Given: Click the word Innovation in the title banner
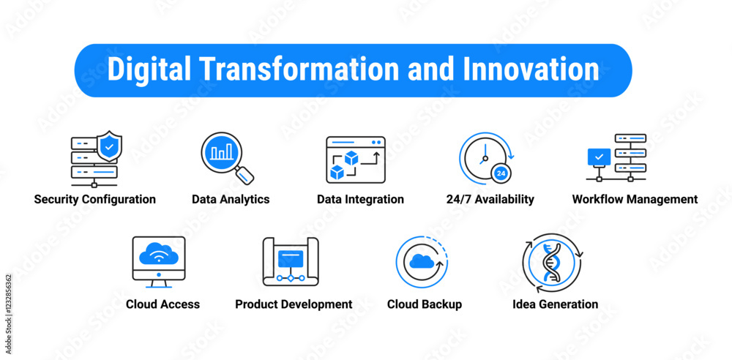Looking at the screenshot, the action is point(531,69).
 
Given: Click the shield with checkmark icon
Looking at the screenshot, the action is point(109,146).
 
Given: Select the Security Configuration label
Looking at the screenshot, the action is point(94,199).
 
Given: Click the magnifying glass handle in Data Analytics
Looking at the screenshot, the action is point(244,175).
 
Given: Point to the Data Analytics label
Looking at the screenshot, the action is point(231,199).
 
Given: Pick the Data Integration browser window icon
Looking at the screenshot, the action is point(356,160).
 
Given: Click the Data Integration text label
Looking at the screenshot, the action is point(360,199).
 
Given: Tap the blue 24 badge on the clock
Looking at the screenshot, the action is point(501,173).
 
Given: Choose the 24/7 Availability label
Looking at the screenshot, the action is point(490,199).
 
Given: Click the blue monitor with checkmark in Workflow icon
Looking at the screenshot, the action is point(599,157).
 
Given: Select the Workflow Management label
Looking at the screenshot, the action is point(635,199).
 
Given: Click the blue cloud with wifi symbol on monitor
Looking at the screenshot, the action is point(159,254).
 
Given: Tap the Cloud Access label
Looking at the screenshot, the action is point(163,304).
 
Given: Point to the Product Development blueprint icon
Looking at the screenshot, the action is point(291,261).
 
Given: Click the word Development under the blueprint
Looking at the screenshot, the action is point(314,304).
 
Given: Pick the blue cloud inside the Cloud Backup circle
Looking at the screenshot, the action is point(422,261).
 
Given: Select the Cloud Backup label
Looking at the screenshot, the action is point(425,304).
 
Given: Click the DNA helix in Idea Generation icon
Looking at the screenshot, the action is point(552,263).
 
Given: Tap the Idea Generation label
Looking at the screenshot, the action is point(555,304).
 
